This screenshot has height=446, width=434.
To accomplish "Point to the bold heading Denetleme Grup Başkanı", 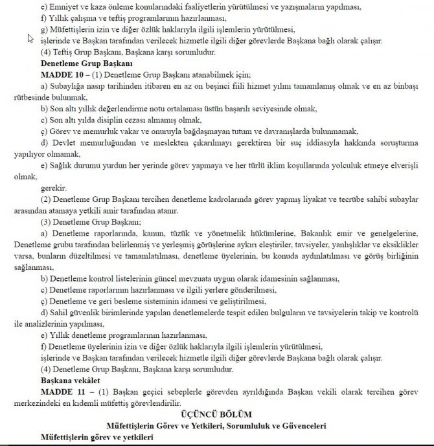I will (86, 63).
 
